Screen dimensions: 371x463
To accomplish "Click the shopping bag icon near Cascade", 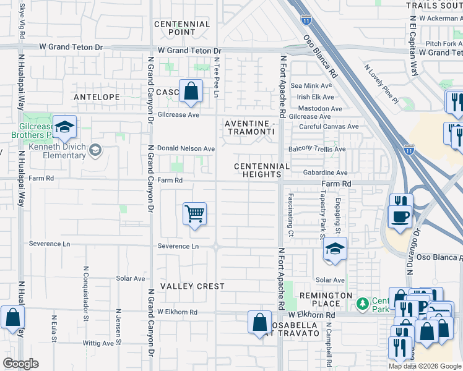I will [x=191, y=92].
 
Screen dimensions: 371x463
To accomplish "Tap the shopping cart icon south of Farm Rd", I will [x=195, y=215].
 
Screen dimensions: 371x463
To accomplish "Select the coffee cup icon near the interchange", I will [x=399, y=216].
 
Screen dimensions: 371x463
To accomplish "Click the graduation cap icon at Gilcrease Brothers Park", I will [x=64, y=128].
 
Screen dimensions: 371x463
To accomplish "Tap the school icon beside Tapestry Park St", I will [x=335, y=249].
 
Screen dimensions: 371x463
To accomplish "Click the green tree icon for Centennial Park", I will [x=363, y=304].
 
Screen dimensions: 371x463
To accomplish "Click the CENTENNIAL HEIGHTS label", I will [x=262, y=171].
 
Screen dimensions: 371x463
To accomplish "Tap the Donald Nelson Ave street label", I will [x=186, y=149].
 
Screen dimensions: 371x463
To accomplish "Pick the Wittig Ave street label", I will [x=100, y=343].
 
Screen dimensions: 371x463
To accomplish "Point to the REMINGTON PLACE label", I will [x=320, y=299].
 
